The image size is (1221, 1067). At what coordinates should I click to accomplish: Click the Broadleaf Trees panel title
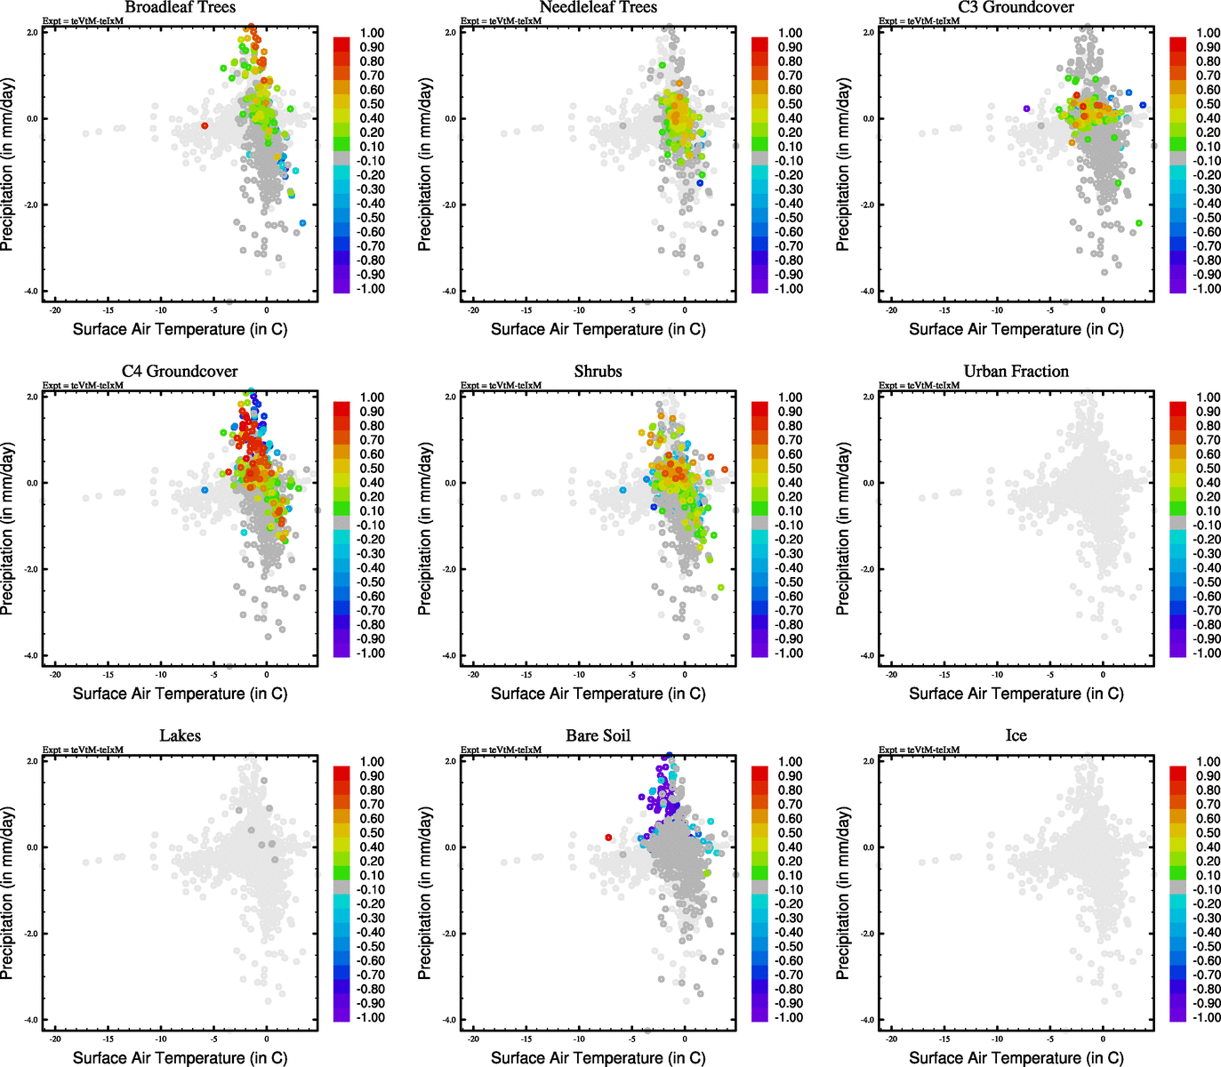180,8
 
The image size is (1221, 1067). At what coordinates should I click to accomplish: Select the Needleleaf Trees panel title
598,8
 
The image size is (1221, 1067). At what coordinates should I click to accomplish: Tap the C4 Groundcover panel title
180,372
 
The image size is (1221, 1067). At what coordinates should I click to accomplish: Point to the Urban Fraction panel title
1016,372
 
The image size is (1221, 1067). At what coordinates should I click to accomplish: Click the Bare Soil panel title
598,736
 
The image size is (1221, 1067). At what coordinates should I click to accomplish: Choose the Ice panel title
1016,736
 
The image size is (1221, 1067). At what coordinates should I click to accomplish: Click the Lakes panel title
180,736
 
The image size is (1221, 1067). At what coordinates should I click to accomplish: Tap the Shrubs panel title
598,372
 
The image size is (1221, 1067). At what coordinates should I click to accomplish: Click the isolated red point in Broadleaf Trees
205,125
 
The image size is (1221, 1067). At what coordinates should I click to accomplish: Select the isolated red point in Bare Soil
608,838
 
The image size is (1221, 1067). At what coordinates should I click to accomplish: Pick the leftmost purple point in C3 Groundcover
1026,108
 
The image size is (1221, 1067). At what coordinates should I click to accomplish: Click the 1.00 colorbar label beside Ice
1208,762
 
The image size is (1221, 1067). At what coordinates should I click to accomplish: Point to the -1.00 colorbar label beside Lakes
371,1018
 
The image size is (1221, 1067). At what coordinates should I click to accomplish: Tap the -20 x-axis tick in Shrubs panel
473,674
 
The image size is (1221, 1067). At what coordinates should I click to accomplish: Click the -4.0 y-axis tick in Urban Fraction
867,656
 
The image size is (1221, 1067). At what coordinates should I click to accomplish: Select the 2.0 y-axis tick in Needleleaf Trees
450,32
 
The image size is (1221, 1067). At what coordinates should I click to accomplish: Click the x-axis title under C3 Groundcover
1016,329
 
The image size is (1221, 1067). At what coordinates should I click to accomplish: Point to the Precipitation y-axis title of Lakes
8,893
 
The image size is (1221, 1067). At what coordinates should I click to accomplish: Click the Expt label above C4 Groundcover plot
83,385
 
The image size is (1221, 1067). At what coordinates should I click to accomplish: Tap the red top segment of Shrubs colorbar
759,408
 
